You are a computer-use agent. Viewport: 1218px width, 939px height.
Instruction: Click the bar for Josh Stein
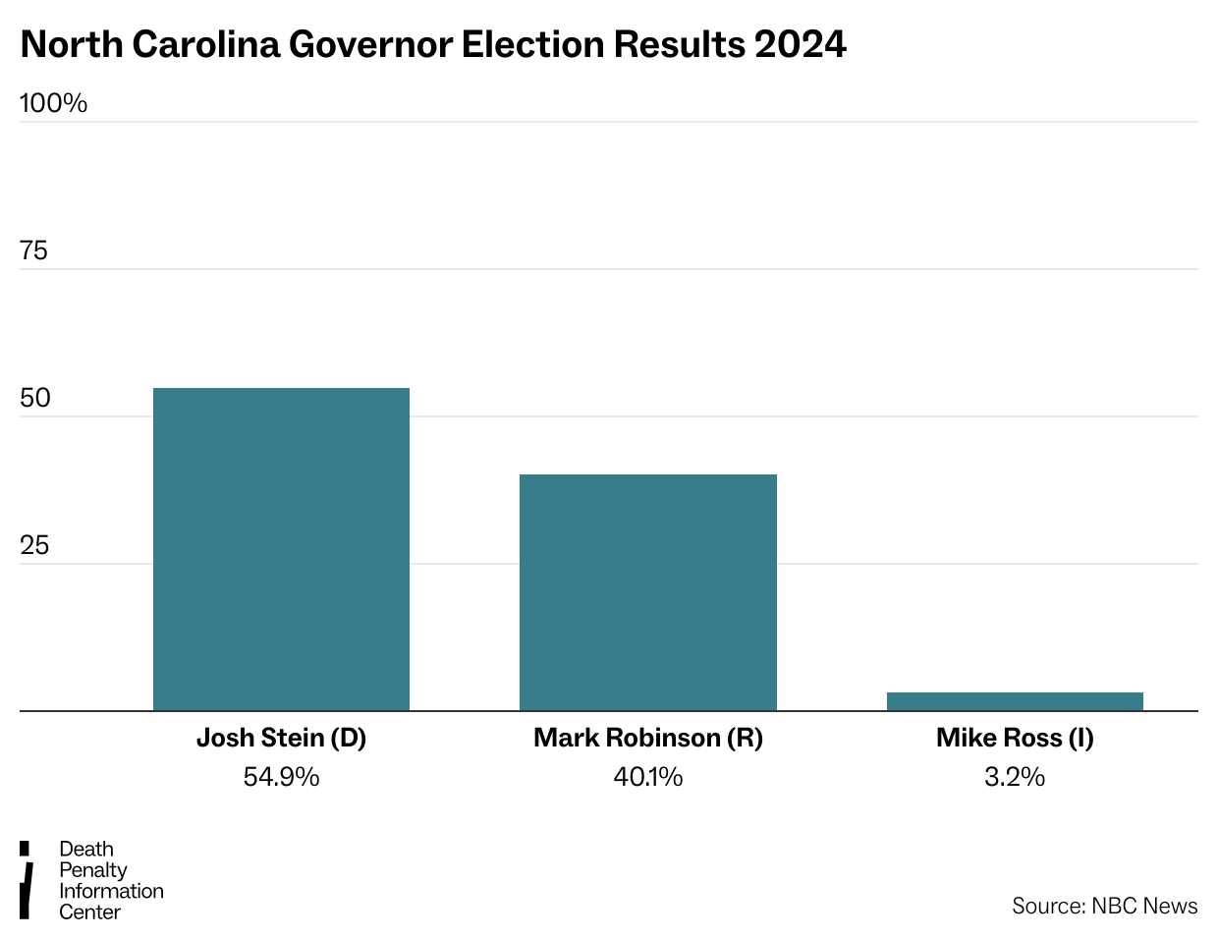click(281, 549)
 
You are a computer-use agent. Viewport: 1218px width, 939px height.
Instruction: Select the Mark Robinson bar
click(648, 592)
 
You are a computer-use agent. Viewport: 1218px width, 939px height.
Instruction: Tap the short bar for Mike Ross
click(1015, 701)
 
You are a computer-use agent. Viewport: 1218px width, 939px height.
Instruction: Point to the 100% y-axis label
click(53, 103)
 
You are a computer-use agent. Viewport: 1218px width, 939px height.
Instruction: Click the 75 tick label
click(33, 251)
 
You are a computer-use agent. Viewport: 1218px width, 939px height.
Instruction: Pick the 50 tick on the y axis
click(34, 399)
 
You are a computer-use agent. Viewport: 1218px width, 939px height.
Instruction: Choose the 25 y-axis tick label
click(34, 546)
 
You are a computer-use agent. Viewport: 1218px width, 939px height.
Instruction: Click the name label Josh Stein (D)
click(281, 738)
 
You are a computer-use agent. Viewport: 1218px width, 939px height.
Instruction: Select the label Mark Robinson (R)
click(648, 738)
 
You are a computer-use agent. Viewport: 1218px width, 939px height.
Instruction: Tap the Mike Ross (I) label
click(1015, 738)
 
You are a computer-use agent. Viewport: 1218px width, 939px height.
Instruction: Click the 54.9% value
click(281, 777)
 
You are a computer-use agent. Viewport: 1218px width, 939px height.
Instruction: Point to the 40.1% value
click(648, 777)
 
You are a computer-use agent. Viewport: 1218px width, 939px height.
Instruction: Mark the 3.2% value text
click(1015, 777)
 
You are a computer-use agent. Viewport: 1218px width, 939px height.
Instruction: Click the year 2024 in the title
click(800, 44)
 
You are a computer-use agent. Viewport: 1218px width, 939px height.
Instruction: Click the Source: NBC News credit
click(1104, 906)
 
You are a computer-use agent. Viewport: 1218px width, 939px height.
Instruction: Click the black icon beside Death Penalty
click(27, 880)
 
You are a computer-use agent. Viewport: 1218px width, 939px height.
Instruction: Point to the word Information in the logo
click(111, 891)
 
